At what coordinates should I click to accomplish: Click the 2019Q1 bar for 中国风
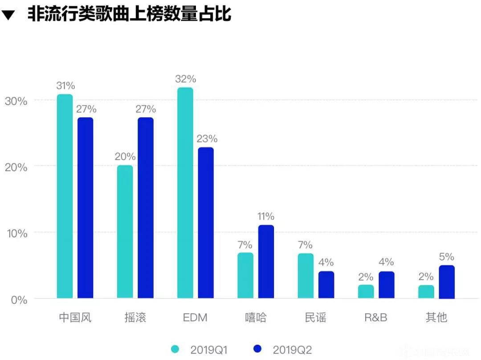click(x=65, y=196)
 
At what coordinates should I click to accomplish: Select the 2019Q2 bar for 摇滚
click(x=145, y=208)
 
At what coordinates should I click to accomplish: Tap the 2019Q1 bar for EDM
click(x=185, y=193)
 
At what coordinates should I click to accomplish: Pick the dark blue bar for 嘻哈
click(x=266, y=262)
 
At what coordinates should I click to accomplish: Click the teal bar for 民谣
click(x=306, y=275)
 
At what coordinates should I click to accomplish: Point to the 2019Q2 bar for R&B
click(x=386, y=285)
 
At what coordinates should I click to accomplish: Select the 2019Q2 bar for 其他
click(x=447, y=282)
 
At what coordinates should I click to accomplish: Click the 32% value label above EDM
click(x=185, y=79)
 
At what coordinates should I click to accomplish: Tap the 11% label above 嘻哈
click(x=266, y=217)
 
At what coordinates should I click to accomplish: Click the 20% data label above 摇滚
click(x=125, y=157)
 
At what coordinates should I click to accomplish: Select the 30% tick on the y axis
click(x=16, y=101)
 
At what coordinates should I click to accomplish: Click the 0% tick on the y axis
click(x=19, y=299)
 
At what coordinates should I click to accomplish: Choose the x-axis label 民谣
click(x=316, y=317)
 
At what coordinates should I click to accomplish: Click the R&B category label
click(x=376, y=317)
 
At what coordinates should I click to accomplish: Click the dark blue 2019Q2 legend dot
click(x=257, y=349)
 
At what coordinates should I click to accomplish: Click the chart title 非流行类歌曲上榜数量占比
click(x=129, y=14)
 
